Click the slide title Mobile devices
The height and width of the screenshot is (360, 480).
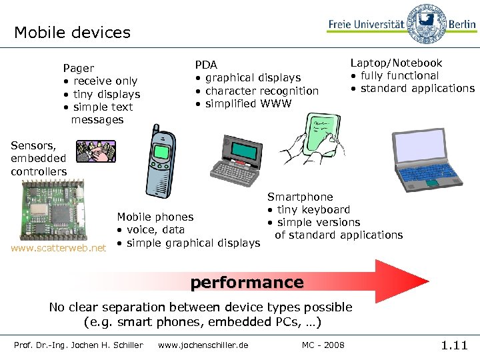click(72, 32)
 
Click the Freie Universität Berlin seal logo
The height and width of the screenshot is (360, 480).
click(426, 24)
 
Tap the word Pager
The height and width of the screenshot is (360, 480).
click(79, 68)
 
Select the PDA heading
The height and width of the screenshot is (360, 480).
click(206, 65)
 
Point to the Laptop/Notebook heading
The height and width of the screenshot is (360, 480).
click(396, 63)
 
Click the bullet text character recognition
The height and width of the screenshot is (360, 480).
click(262, 91)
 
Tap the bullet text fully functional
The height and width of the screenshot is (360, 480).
click(399, 75)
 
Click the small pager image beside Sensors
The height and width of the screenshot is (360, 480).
click(95, 151)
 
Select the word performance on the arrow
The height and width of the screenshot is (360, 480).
click(247, 283)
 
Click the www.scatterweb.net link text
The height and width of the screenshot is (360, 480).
click(58, 248)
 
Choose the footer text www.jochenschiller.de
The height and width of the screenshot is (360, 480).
click(203, 345)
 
